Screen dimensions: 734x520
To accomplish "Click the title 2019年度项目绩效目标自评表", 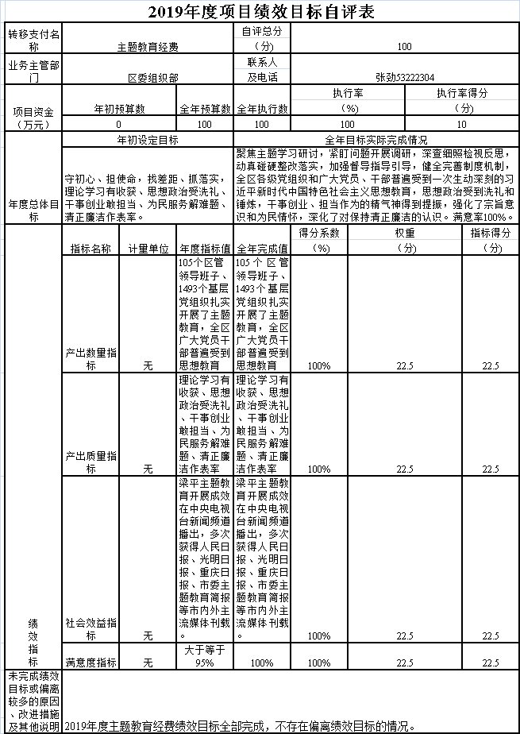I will (260, 12).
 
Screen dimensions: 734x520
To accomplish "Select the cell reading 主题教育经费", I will (147, 46).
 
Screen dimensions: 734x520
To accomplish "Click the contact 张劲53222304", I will (405, 77).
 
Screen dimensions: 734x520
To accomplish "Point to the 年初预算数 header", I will (119, 108).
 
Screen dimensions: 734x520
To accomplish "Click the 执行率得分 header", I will (462, 93).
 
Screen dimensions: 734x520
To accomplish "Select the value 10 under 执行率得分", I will (462, 125).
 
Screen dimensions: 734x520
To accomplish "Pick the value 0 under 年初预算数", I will (119, 125).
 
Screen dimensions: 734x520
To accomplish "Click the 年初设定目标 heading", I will (147, 139).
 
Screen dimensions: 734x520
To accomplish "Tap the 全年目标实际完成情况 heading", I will (376, 139).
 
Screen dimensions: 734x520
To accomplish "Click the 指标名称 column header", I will (91, 248).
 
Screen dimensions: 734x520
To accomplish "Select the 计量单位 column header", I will (148, 248).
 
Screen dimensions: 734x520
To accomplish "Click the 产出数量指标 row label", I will (91, 359).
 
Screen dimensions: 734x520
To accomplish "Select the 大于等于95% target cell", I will (204, 656).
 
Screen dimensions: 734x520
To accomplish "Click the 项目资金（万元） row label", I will (33, 118).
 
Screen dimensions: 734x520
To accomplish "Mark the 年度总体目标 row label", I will (33, 210).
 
